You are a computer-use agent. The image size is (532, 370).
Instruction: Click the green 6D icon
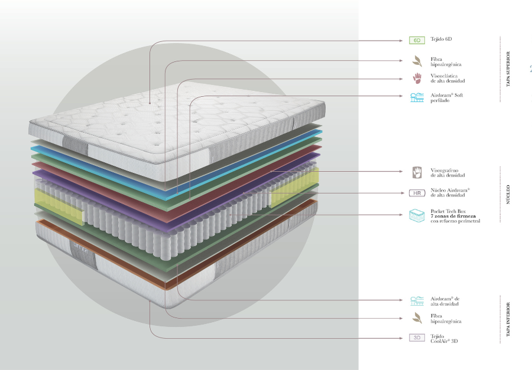click(x=417, y=41)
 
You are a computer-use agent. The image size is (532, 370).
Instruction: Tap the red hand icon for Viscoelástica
click(x=417, y=78)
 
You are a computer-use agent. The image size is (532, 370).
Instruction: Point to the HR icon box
click(x=417, y=193)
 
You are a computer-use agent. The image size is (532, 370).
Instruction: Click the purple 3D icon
click(x=417, y=338)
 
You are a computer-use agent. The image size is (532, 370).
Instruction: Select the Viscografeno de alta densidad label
click(x=447, y=173)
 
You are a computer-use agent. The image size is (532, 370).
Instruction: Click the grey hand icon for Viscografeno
click(x=417, y=172)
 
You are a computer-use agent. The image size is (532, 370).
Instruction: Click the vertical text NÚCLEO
click(x=508, y=195)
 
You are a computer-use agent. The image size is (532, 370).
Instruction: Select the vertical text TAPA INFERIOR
click(x=508, y=321)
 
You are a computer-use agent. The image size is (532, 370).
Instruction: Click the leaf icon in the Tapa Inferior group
click(x=417, y=318)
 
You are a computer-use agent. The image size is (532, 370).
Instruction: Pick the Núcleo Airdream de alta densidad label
click(x=449, y=193)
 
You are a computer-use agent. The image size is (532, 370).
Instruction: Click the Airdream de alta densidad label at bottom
click(x=445, y=301)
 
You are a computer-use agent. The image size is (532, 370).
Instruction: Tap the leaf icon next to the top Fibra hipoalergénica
click(x=417, y=60)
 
